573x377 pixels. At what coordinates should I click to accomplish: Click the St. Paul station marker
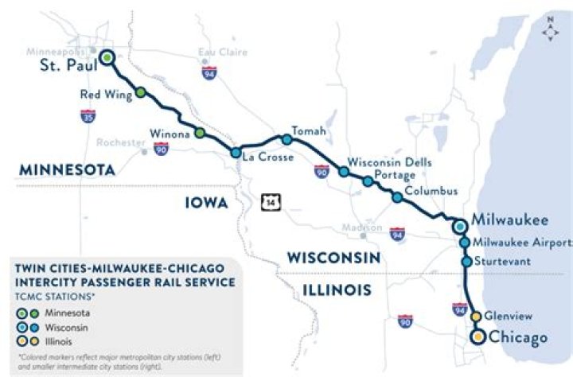tap(107, 57)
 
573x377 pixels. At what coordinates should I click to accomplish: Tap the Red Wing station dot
tap(141, 93)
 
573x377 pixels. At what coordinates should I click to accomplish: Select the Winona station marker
tap(200, 132)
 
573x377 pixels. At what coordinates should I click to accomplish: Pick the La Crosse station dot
tap(236, 153)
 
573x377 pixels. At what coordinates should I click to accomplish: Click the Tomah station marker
tap(287, 140)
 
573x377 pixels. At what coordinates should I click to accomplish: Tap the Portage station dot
tap(368, 182)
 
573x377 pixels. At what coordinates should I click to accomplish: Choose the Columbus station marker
tap(396, 196)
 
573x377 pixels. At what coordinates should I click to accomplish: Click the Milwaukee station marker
tap(460, 227)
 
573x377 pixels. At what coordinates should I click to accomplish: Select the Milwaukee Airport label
tap(521, 243)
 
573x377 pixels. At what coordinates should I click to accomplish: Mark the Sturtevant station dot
tap(466, 261)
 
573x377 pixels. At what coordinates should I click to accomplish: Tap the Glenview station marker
tap(476, 317)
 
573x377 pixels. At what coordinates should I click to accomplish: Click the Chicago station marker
tap(477, 337)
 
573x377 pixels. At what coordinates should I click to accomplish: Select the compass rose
tap(551, 31)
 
